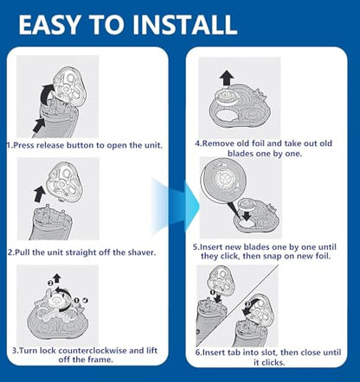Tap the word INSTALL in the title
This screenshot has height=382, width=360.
point(184,24)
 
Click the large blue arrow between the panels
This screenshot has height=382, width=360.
point(176,206)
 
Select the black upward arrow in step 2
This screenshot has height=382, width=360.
point(39,194)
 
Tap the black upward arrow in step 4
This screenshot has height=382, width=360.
point(227,78)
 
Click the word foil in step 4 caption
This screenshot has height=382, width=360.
point(259,143)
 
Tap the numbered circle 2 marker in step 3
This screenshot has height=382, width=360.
point(50,283)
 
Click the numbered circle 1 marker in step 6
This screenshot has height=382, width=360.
point(213,292)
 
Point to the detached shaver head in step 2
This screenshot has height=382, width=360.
point(65,183)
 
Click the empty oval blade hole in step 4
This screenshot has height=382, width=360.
point(226,116)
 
